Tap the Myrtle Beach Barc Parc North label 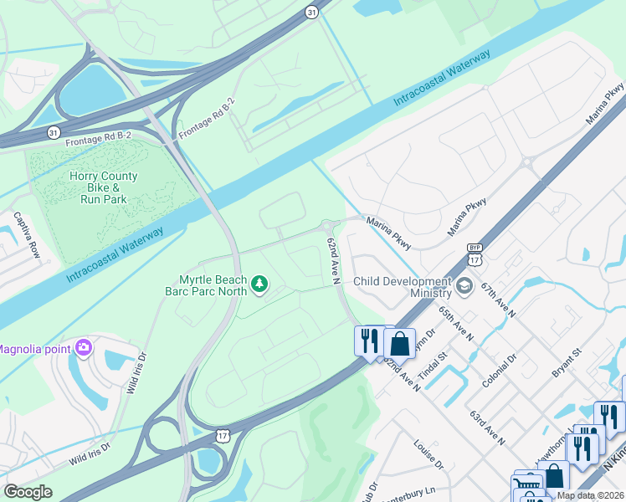213,285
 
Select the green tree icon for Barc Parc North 259,285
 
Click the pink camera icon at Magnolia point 83,347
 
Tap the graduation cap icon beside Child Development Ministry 463,287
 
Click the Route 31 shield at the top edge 311,12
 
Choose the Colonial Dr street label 499,368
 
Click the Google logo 28,492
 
